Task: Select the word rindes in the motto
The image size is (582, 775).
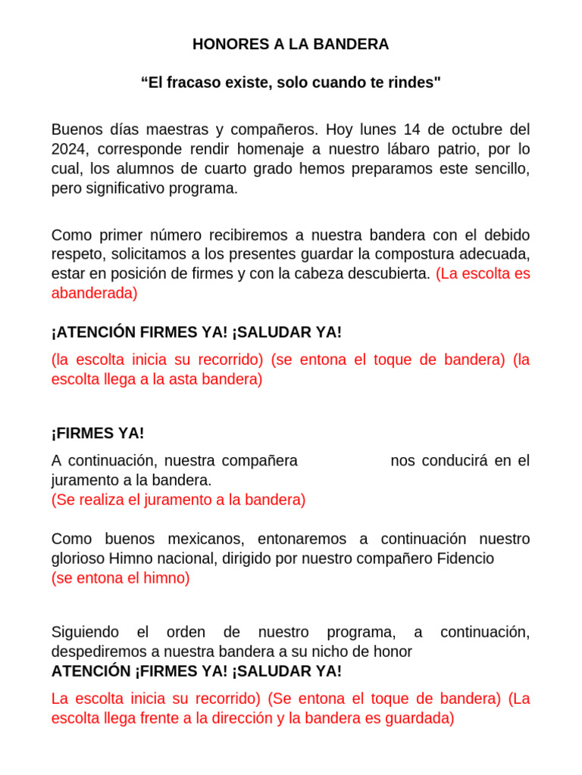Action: coord(416,82)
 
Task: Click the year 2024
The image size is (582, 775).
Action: coord(68,149)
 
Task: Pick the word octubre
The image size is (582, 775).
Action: coord(470,129)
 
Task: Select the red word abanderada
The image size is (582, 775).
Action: coord(94,293)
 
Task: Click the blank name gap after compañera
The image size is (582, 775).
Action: coord(343,461)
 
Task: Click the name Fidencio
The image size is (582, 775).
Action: coord(466,559)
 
